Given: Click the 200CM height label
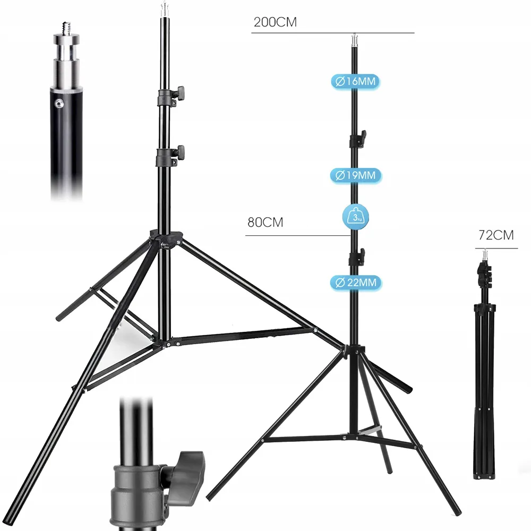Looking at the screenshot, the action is pos(275,22).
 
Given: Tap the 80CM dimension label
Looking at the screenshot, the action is pos(265,222).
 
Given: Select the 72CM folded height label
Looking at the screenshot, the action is pos(496,235).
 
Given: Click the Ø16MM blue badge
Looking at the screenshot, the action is pos(355,82).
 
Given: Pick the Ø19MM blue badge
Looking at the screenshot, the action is pos(356,175).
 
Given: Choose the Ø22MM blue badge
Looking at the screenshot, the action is pos(356,282).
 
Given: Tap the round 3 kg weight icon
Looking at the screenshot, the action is pos(356,217).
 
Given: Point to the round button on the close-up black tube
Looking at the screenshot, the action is pos(60,104).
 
